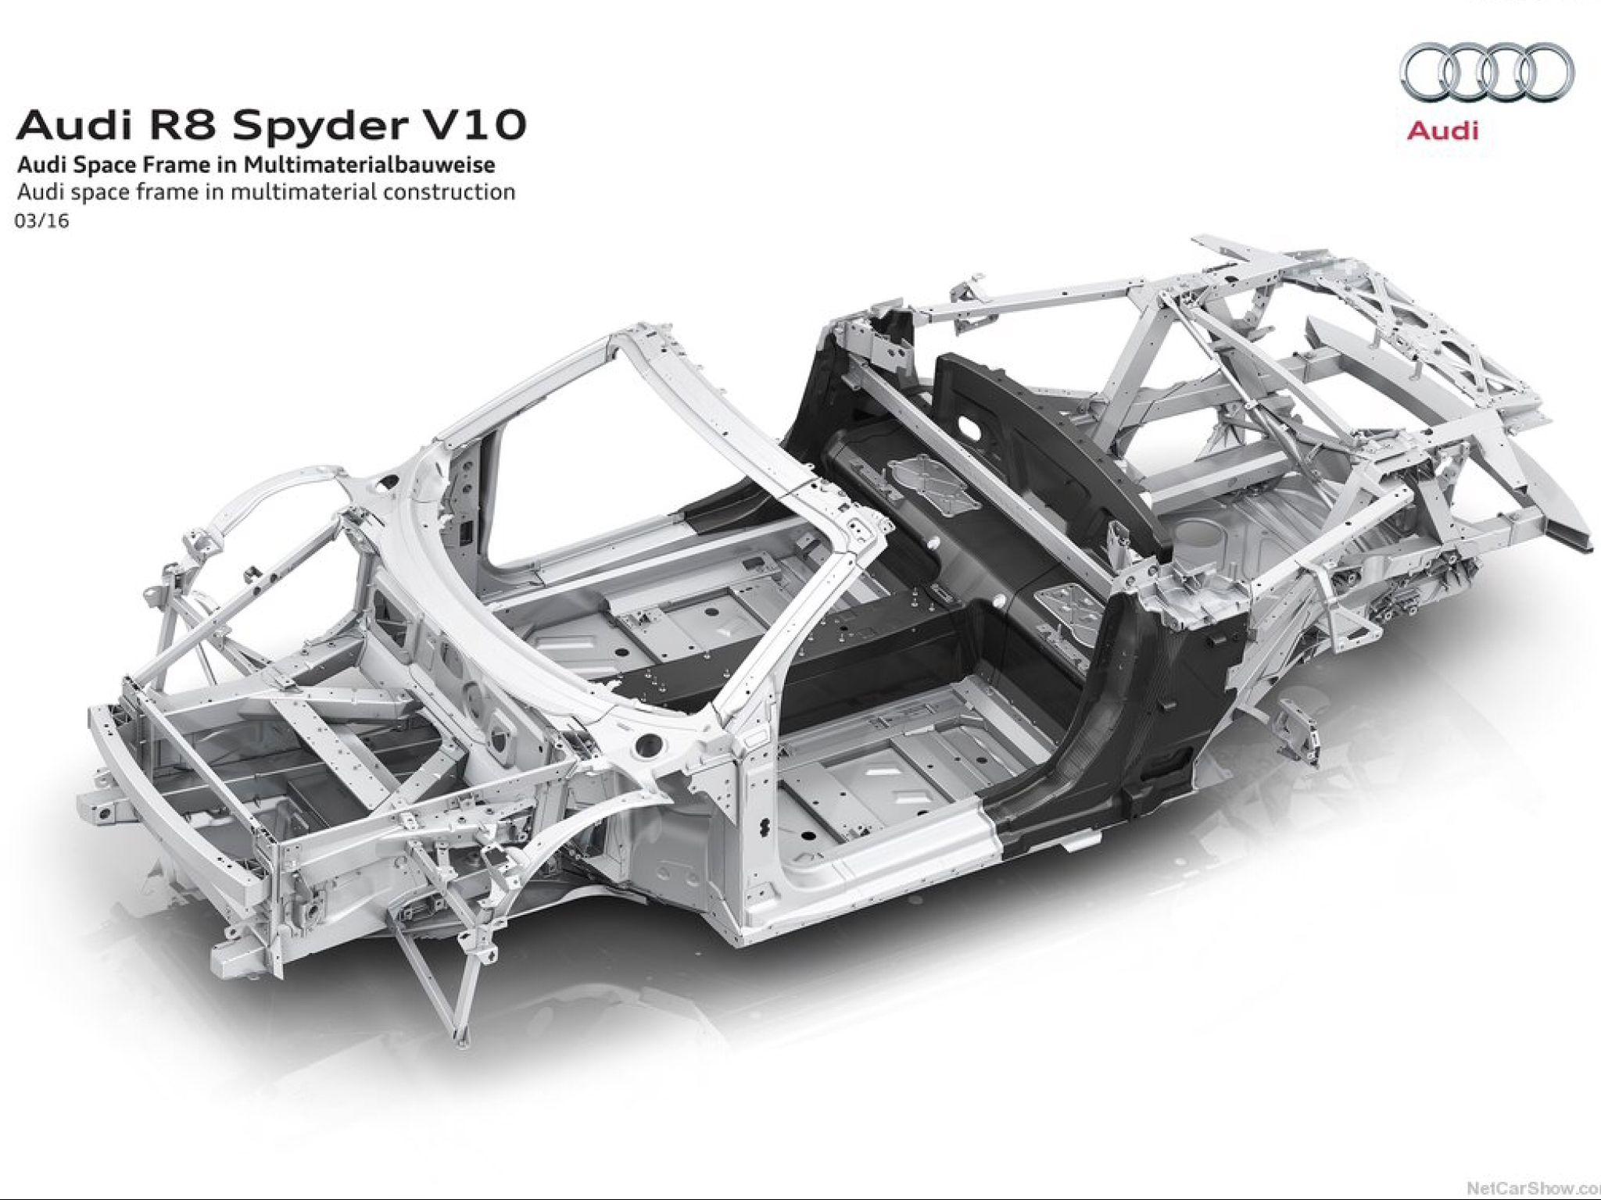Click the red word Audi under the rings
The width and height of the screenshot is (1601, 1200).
point(1442,130)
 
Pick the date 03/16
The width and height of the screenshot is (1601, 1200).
point(41,221)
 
